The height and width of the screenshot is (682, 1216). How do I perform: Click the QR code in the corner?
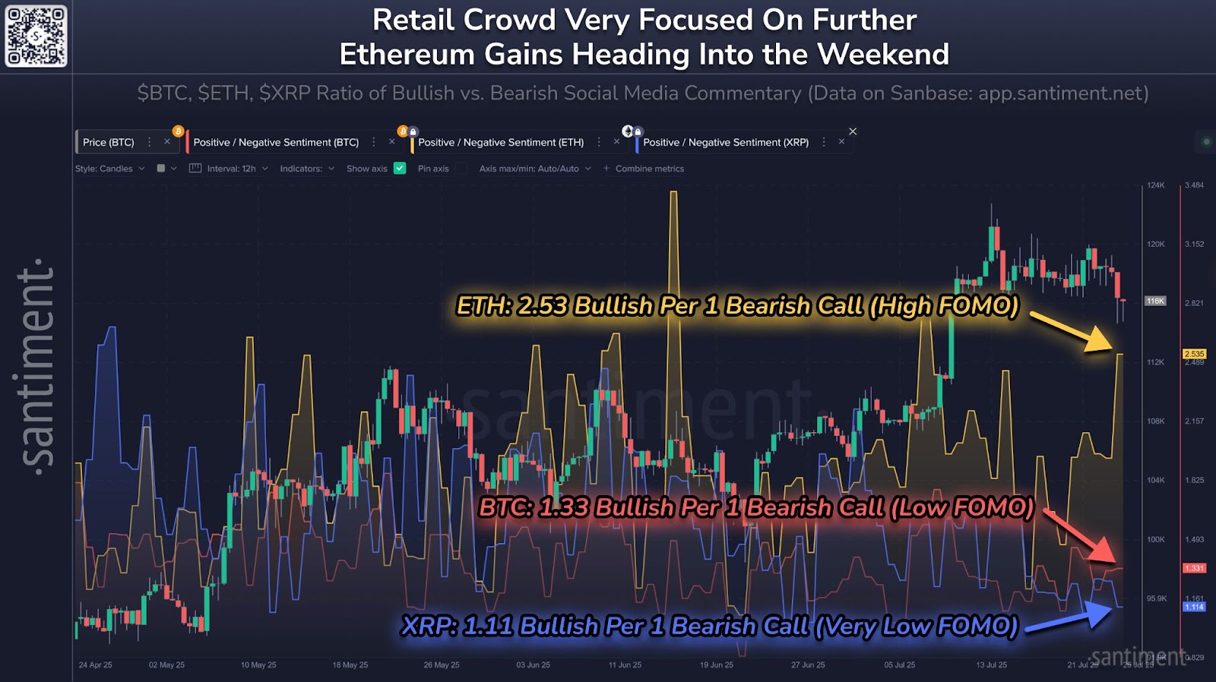(36, 36)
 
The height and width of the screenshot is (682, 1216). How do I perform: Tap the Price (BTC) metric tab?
(108, 142)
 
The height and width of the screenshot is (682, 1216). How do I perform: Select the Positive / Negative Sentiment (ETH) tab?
(501, 142)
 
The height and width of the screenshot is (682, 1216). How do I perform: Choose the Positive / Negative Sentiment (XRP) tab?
(726, 142)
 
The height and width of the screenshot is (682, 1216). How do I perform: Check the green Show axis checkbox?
(400, 169)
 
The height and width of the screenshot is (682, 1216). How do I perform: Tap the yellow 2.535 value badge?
(1194, 354)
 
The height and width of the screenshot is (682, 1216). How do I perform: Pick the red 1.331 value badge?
(1194, 568)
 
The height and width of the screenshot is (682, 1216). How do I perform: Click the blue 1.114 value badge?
(1194, 607)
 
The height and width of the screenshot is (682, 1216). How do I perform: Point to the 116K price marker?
(1155, 301)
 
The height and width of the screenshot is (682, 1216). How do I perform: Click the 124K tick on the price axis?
(1155, 185)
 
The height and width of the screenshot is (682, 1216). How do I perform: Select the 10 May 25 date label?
(258, 665)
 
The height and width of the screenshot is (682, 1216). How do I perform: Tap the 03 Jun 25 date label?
(533, 665)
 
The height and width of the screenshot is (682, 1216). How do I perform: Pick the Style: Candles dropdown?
(109, 169)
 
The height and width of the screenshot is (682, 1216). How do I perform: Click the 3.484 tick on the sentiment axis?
(1194, 185)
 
